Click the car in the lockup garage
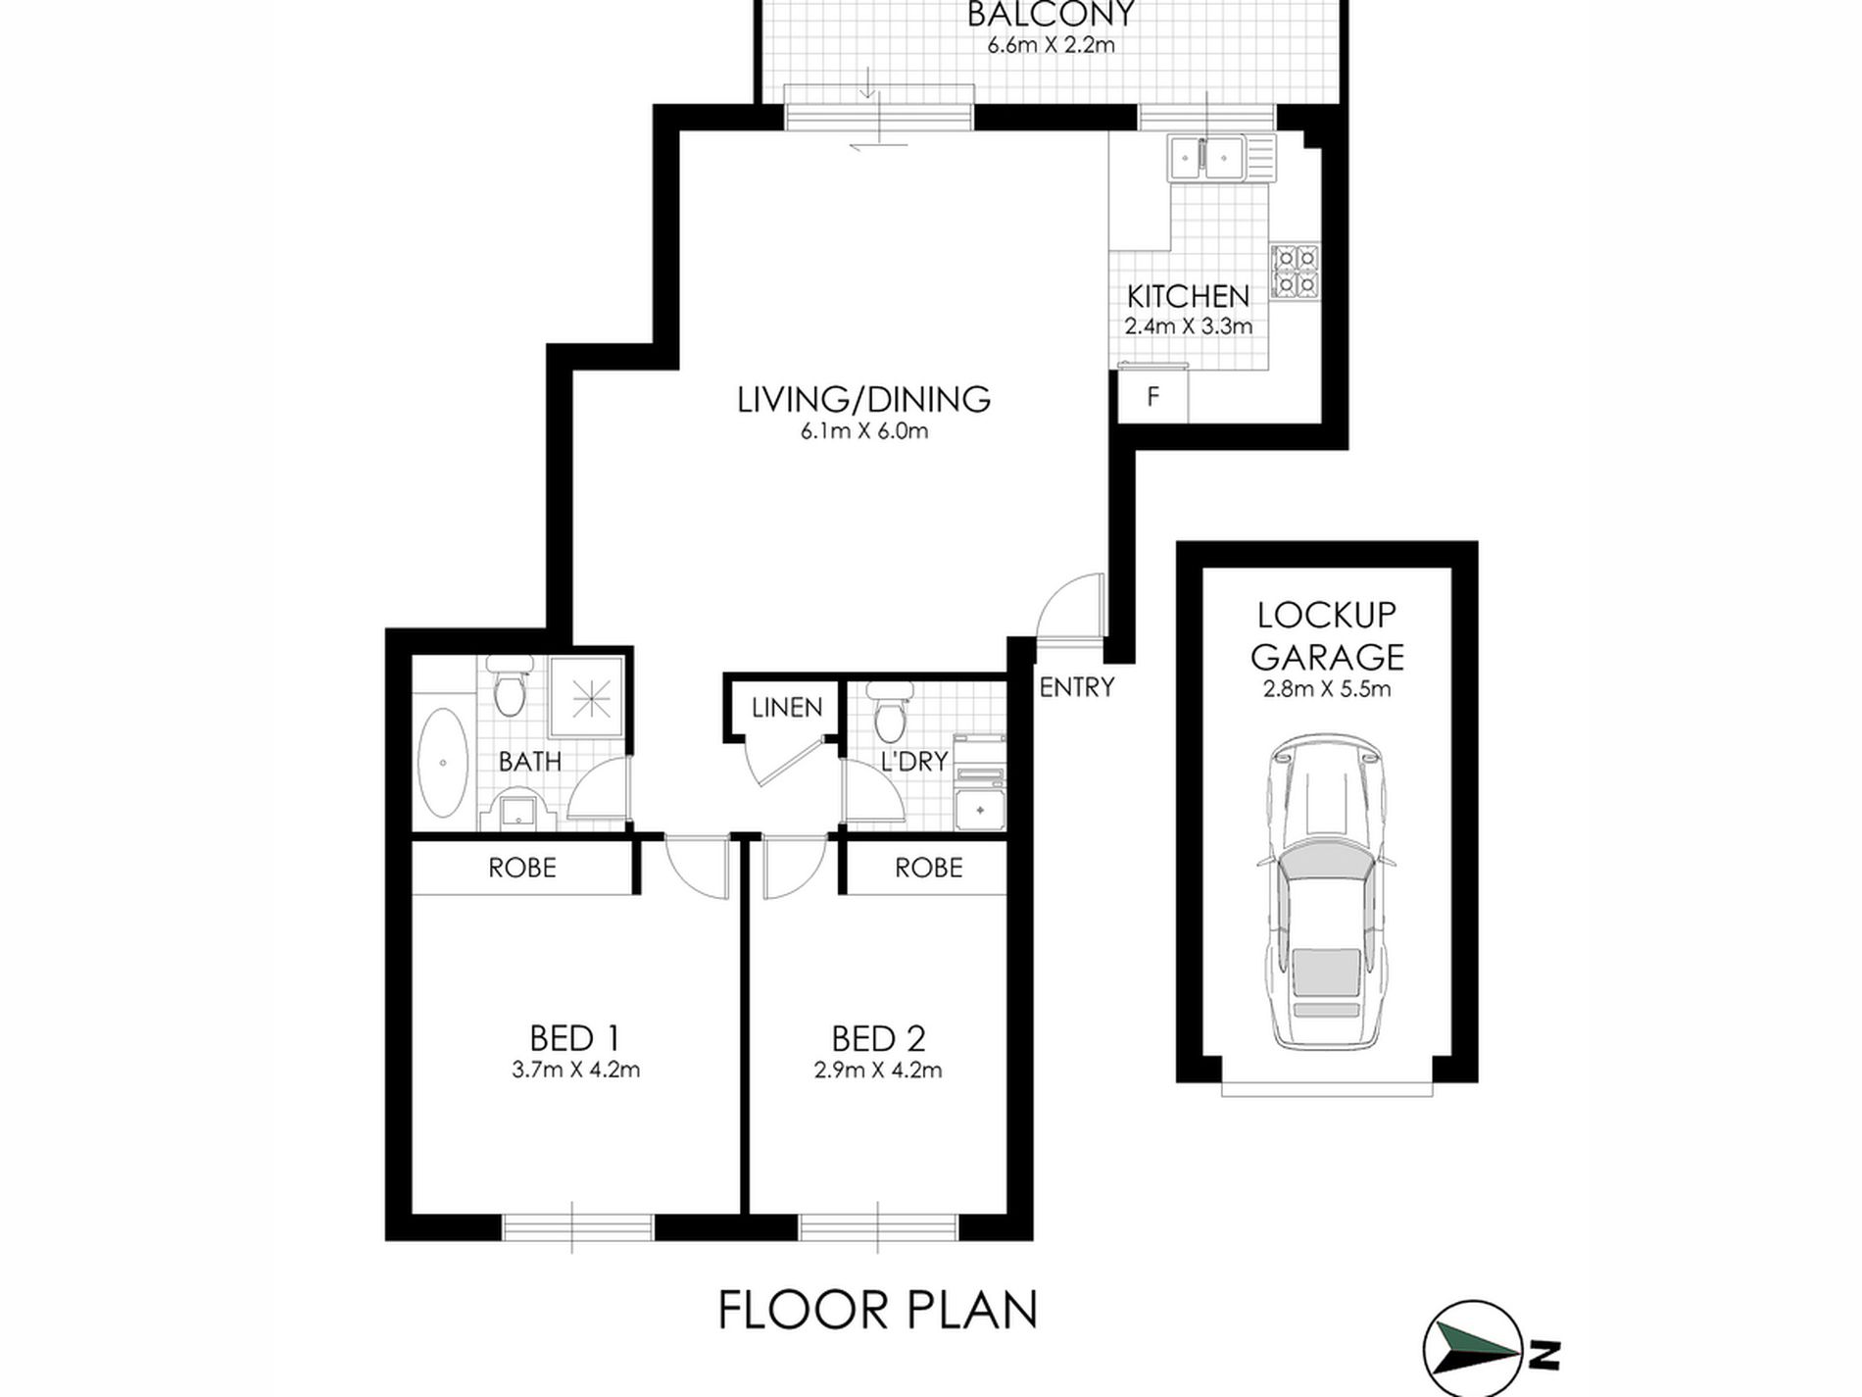pos(1327,892)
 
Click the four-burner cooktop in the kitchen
pos(1296,272)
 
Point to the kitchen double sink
pos(1221,158)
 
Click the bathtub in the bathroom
pos(443,762)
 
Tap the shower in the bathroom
pos(588,697)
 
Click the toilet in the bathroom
pos(509,686)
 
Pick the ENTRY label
pos(1077,687)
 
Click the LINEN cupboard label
pos(787,707)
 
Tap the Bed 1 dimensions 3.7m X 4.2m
pos(576,1070)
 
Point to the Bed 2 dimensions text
pos(878,1070)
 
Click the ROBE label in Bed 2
pos(929,868)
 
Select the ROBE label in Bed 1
pos(522,868)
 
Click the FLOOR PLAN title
pos(878,1310)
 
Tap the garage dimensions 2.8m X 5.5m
pos(1327,688)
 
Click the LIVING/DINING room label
pos(863,399)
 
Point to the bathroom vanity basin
pos(516,811)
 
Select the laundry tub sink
pos(980,810)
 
